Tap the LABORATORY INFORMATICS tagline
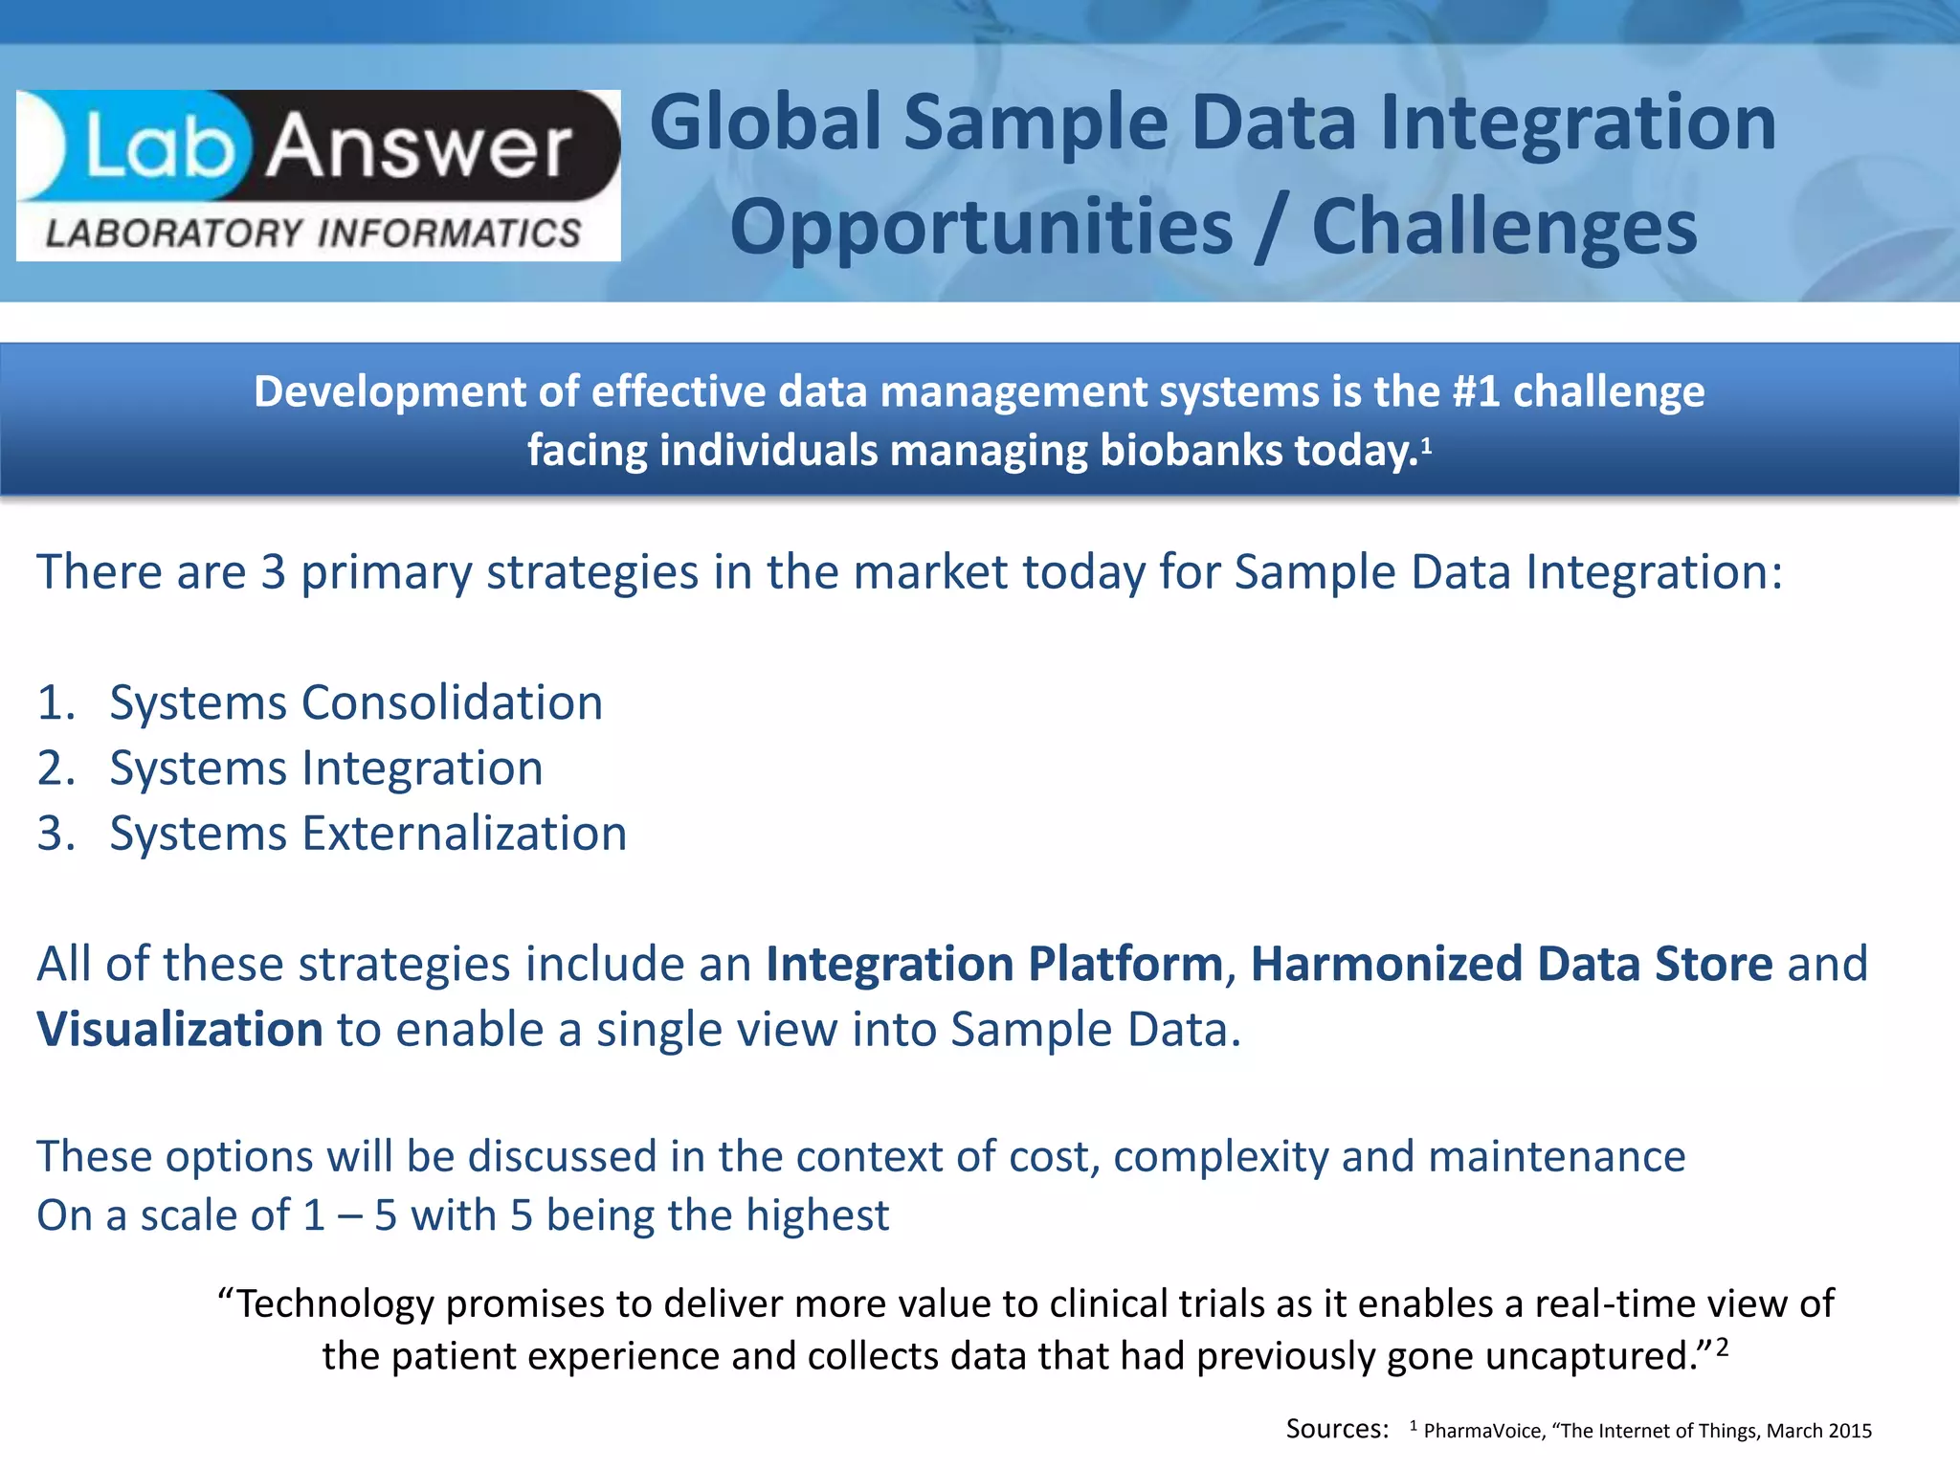point(314,234)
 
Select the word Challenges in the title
point(1504,228)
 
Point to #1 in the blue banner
point(1475,392)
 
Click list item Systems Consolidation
point(356,702)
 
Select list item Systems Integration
point(326,768)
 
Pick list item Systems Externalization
point(368,834)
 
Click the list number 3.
point(54,834)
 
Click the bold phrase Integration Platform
point(994,965)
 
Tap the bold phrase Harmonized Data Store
point(1511,965)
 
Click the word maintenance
point(1556,1157)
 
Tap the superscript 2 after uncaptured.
point(1722,1347)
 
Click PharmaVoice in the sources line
point(1482,1431)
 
